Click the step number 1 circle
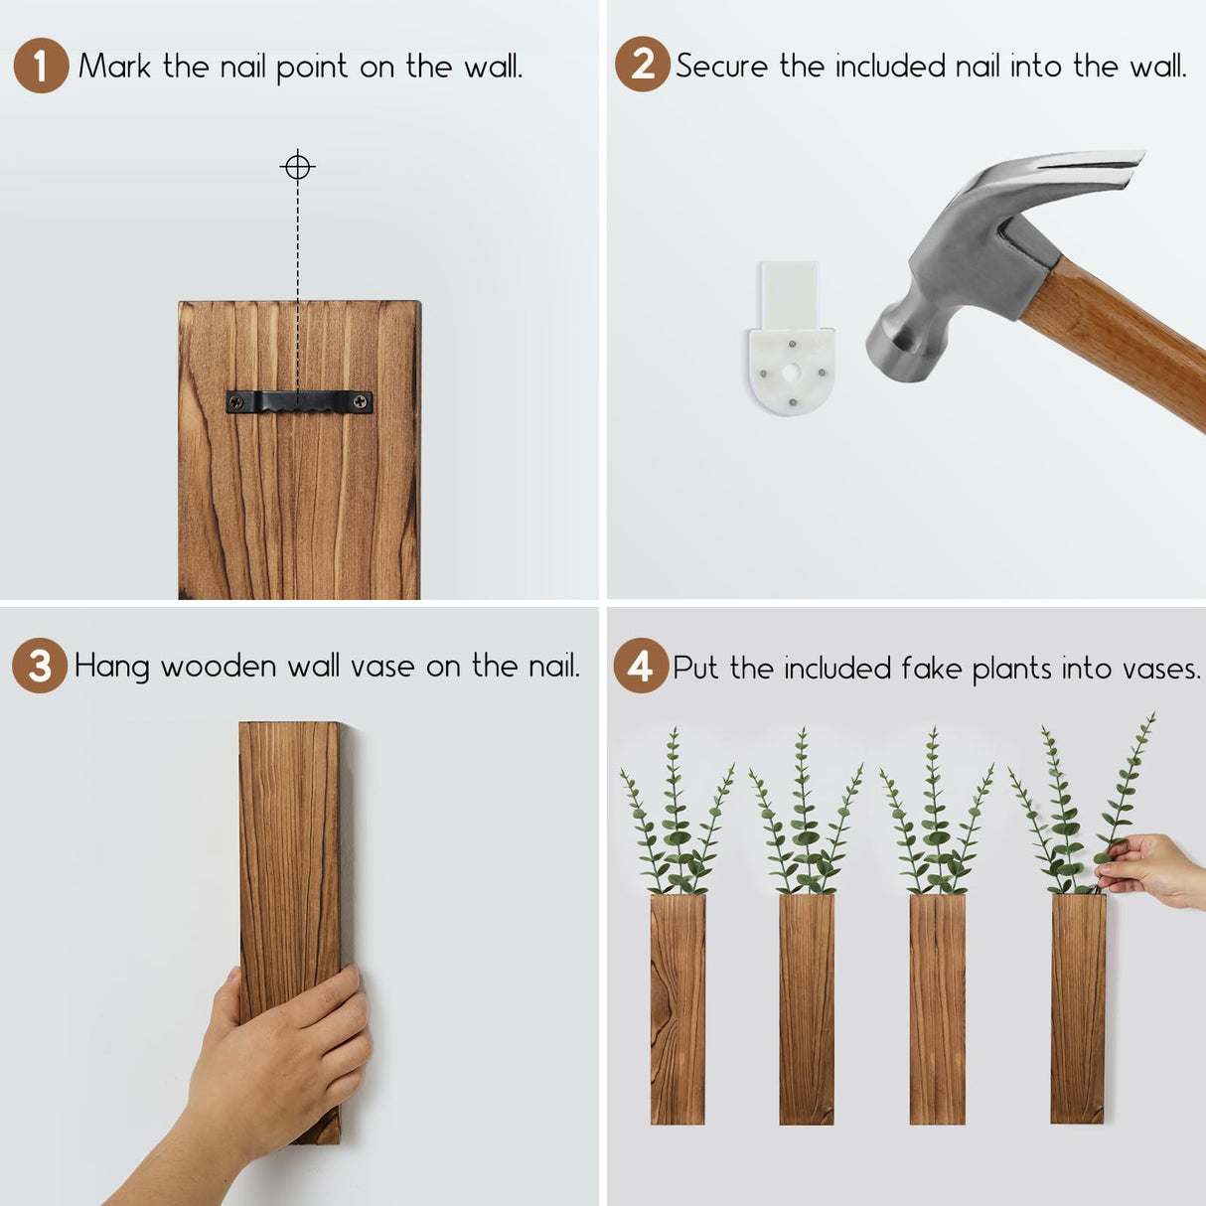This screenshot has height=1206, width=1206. pos(41,66)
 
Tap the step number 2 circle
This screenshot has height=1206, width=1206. pos(642,65)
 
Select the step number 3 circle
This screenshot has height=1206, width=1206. pos(40,666)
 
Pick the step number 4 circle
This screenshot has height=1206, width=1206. pos(641,666)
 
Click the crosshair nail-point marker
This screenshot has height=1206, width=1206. pos(297,167)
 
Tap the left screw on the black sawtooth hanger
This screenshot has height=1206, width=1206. pos(236,402)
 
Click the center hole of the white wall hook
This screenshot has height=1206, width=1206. pos(791,374)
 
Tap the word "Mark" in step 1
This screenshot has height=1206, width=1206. pos(114,67)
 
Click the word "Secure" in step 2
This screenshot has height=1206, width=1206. pos(722,67)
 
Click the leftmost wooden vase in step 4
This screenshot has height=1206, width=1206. pos(678,1008)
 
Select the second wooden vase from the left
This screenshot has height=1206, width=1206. pos(806,1008)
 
